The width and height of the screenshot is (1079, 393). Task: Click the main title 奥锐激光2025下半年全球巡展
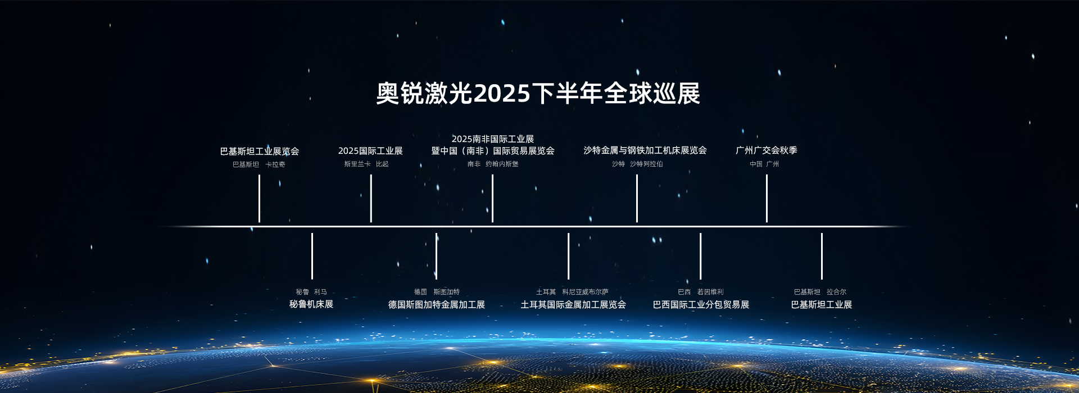point(538,93)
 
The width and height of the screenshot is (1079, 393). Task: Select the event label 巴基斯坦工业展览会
point(260,151)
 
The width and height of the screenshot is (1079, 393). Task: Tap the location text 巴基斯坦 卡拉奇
point(259,164)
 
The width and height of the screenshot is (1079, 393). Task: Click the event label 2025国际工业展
point(370,150)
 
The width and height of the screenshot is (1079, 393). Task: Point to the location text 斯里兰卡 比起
point(366,164)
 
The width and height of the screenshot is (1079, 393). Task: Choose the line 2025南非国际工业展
point(493,139)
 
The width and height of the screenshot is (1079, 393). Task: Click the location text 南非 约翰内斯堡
point(493,164)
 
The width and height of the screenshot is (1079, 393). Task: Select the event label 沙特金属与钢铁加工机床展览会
point(645,150)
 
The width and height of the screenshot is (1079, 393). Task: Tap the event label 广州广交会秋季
point(767,150)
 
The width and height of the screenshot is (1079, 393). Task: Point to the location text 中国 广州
point(764,164)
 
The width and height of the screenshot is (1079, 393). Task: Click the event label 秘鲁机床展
point(311,304)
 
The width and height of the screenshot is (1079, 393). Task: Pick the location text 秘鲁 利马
point(311,292)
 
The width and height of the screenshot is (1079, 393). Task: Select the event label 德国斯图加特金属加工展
point(437,304)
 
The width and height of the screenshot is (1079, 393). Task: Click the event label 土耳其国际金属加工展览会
point(573,304)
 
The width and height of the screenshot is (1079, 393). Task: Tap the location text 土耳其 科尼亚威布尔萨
point(572,292)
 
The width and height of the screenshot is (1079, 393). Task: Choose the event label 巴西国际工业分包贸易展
point(701,304)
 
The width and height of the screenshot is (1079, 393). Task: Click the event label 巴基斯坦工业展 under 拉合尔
point(822,304)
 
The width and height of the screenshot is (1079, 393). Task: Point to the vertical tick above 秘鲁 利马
point(312,256)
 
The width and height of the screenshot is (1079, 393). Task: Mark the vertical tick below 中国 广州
point(767,198)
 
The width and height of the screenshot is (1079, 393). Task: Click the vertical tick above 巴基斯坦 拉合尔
point(822,256)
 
